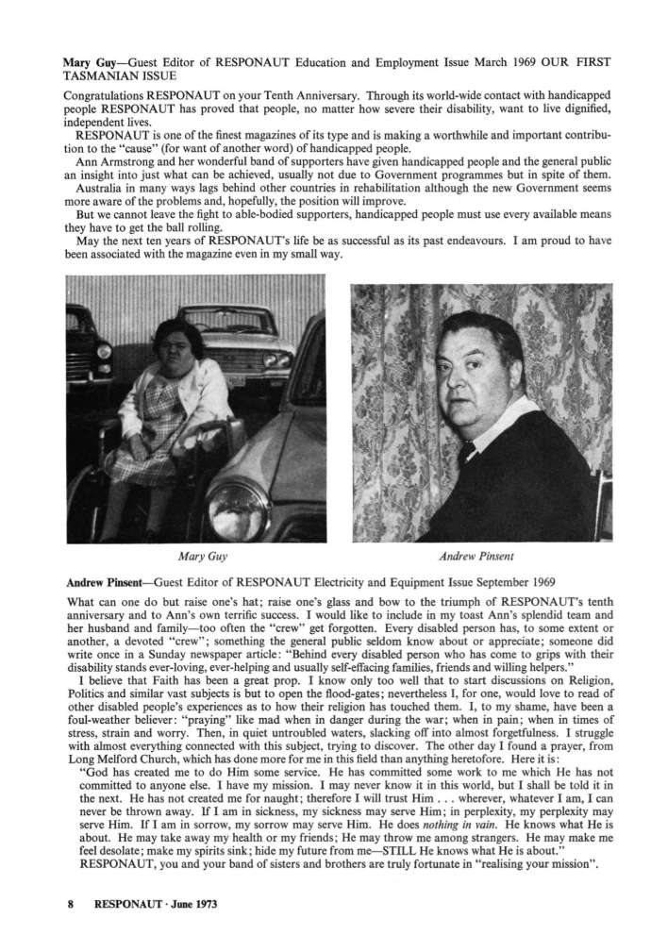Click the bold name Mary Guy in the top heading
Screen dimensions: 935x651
pyautogui.click(x=89, y=61)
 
